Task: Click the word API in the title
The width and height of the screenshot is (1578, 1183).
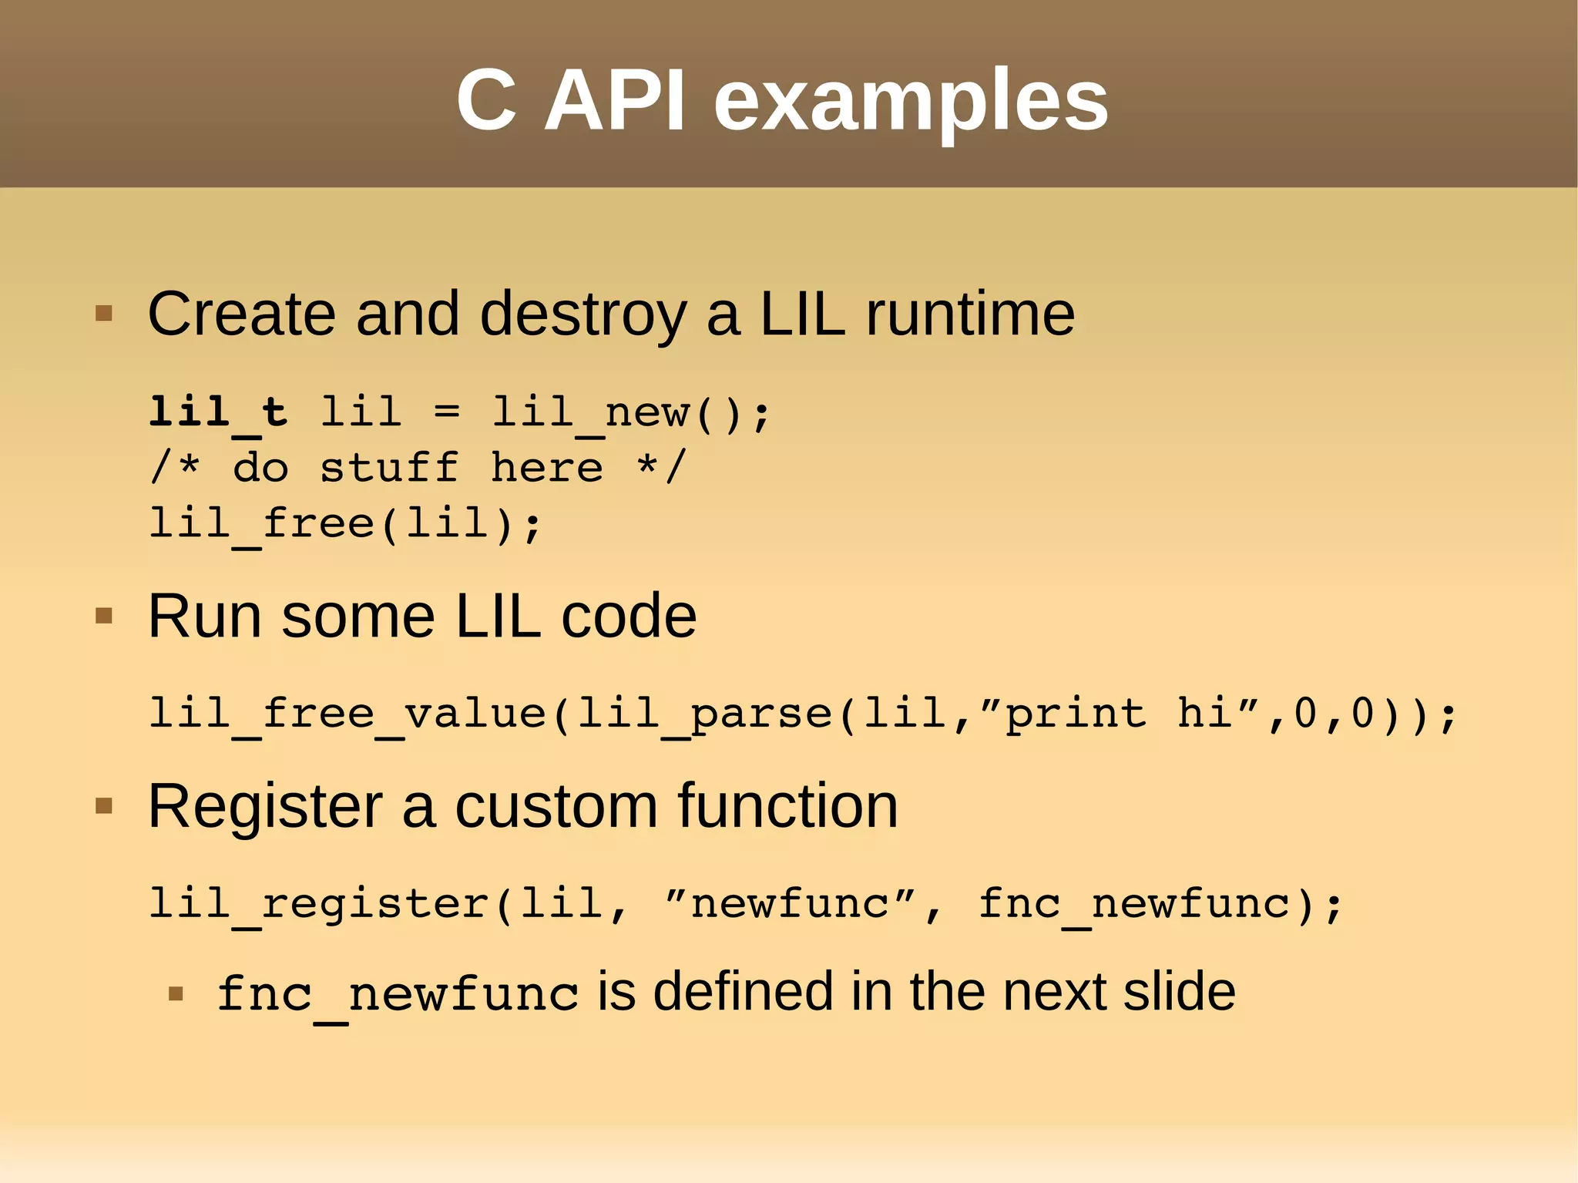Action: (x=614, y=101)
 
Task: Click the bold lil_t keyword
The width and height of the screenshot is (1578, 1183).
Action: (x=218, y=412)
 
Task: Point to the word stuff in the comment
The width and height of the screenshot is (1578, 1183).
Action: (x=389, y=468)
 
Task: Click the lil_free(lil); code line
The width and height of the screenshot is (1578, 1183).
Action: (x=345, y=525)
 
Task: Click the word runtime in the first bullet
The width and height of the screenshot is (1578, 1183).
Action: (x=970, y=314)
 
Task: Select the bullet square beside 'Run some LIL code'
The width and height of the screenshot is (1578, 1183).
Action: (x=104, y=616)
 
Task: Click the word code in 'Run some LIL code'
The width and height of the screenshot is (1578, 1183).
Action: (x=629, y=617)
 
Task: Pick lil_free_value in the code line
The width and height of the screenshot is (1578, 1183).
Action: (x=347, y=714)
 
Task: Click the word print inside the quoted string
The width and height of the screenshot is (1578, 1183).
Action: (x=1076, y=714)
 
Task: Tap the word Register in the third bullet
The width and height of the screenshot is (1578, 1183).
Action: (x=265, y=807)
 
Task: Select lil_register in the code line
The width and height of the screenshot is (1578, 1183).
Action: (x=319, y=904)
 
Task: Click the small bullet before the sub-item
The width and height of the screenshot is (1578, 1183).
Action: (x=176, y=993)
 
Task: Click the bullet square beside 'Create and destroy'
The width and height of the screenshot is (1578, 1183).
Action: (x=104, y=314)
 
